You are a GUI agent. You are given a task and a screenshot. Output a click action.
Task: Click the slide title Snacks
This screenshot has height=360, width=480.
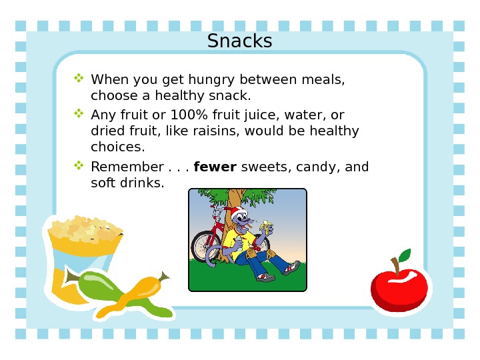click(x=239, y=41)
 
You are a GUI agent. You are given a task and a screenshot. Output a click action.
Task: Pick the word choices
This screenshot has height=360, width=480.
click(x=117, y=146)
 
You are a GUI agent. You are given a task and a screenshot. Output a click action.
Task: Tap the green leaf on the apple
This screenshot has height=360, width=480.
click(x=403, y=255)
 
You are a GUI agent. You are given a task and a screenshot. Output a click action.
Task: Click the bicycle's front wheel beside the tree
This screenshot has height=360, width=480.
click(x=203, y=247)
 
